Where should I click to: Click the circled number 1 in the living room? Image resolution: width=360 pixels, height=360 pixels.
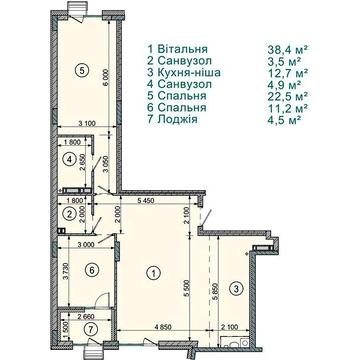pos(153,270)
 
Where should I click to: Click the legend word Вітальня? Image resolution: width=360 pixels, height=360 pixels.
pos(185,47)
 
